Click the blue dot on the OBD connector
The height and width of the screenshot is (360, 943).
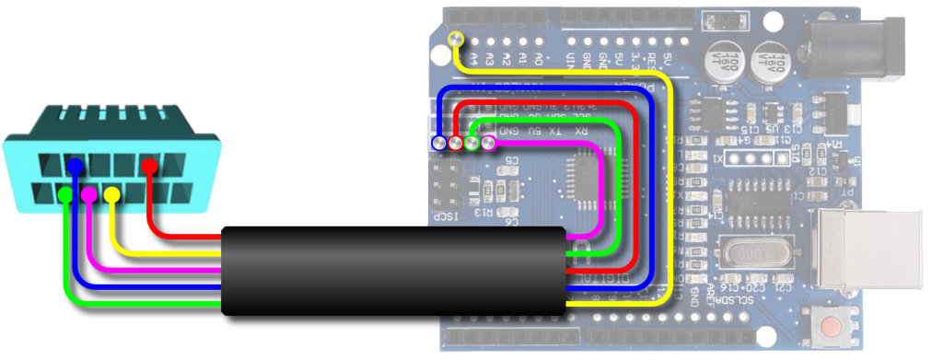[76, 165]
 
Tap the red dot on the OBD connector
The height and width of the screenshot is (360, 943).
[149, 165]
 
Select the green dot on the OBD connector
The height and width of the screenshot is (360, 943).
[64, 195]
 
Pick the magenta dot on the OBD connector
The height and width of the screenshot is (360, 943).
[89, 194]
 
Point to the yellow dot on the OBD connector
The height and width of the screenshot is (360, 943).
[111, 194]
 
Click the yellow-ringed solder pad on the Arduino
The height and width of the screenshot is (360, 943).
[455, 38]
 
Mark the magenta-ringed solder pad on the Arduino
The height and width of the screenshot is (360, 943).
[488, 143]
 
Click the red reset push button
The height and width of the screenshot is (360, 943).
[832, 327]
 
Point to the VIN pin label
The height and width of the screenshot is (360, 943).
[572, 59]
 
